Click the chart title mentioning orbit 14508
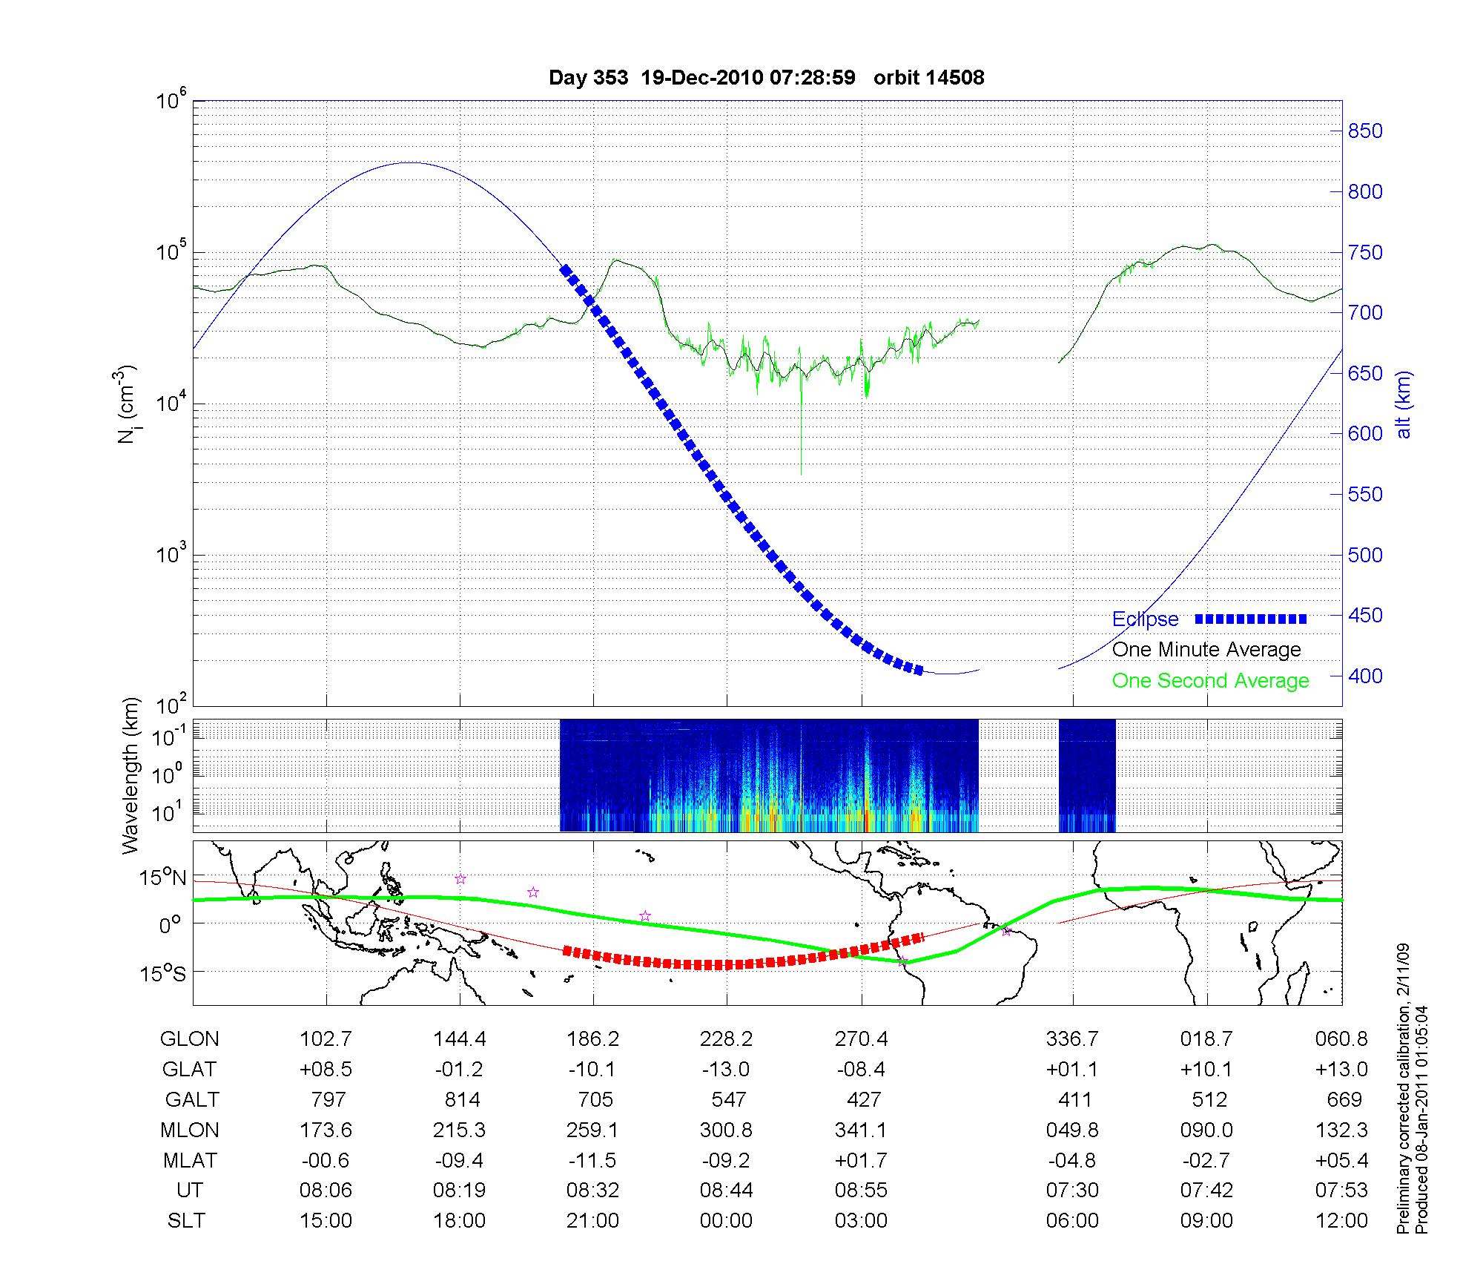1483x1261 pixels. pos(766,78)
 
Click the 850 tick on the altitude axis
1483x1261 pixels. pos(1365,131)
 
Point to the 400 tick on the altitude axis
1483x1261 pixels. pos(1365,676)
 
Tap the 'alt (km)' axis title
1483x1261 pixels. pos(1404,404)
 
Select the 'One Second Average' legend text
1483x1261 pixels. pos(1210,681)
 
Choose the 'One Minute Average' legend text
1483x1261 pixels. pos(1206,650)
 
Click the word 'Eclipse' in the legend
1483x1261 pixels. pos(1145,619)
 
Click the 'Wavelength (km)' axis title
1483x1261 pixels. pos(131,776)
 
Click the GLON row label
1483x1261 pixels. pos(190,1039)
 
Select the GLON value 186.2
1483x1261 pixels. pos(592,1039)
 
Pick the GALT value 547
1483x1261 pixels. pos(727,1099)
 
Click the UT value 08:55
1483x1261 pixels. pos(861,1191)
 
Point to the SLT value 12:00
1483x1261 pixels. pos(1341,1221)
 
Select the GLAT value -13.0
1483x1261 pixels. pos(727,1070)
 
